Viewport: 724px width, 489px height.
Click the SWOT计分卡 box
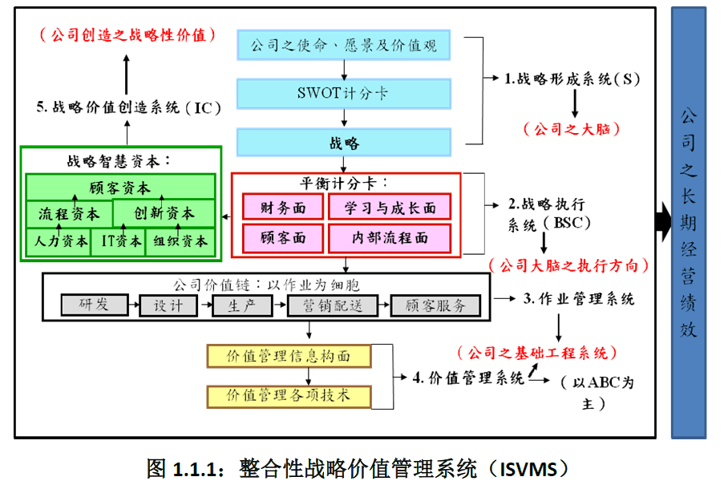(343, 94)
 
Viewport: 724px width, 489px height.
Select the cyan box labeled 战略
(343, 143)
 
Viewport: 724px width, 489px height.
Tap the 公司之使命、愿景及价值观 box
(343, 46)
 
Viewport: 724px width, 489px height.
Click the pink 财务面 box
(283, 208)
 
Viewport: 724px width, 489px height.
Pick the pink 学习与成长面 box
(390, 208)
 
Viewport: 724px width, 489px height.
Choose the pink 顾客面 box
(283, 238)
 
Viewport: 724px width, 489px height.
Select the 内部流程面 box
(390, 238)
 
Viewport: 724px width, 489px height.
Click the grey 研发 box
(95, 305)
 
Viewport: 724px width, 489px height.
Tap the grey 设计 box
(168, 305)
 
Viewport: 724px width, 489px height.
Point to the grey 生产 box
(237, 305)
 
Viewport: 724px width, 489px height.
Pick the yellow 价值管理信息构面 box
(289, 356)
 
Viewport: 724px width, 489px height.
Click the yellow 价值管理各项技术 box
(289, 395)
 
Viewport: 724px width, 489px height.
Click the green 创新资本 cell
(164, 214)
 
